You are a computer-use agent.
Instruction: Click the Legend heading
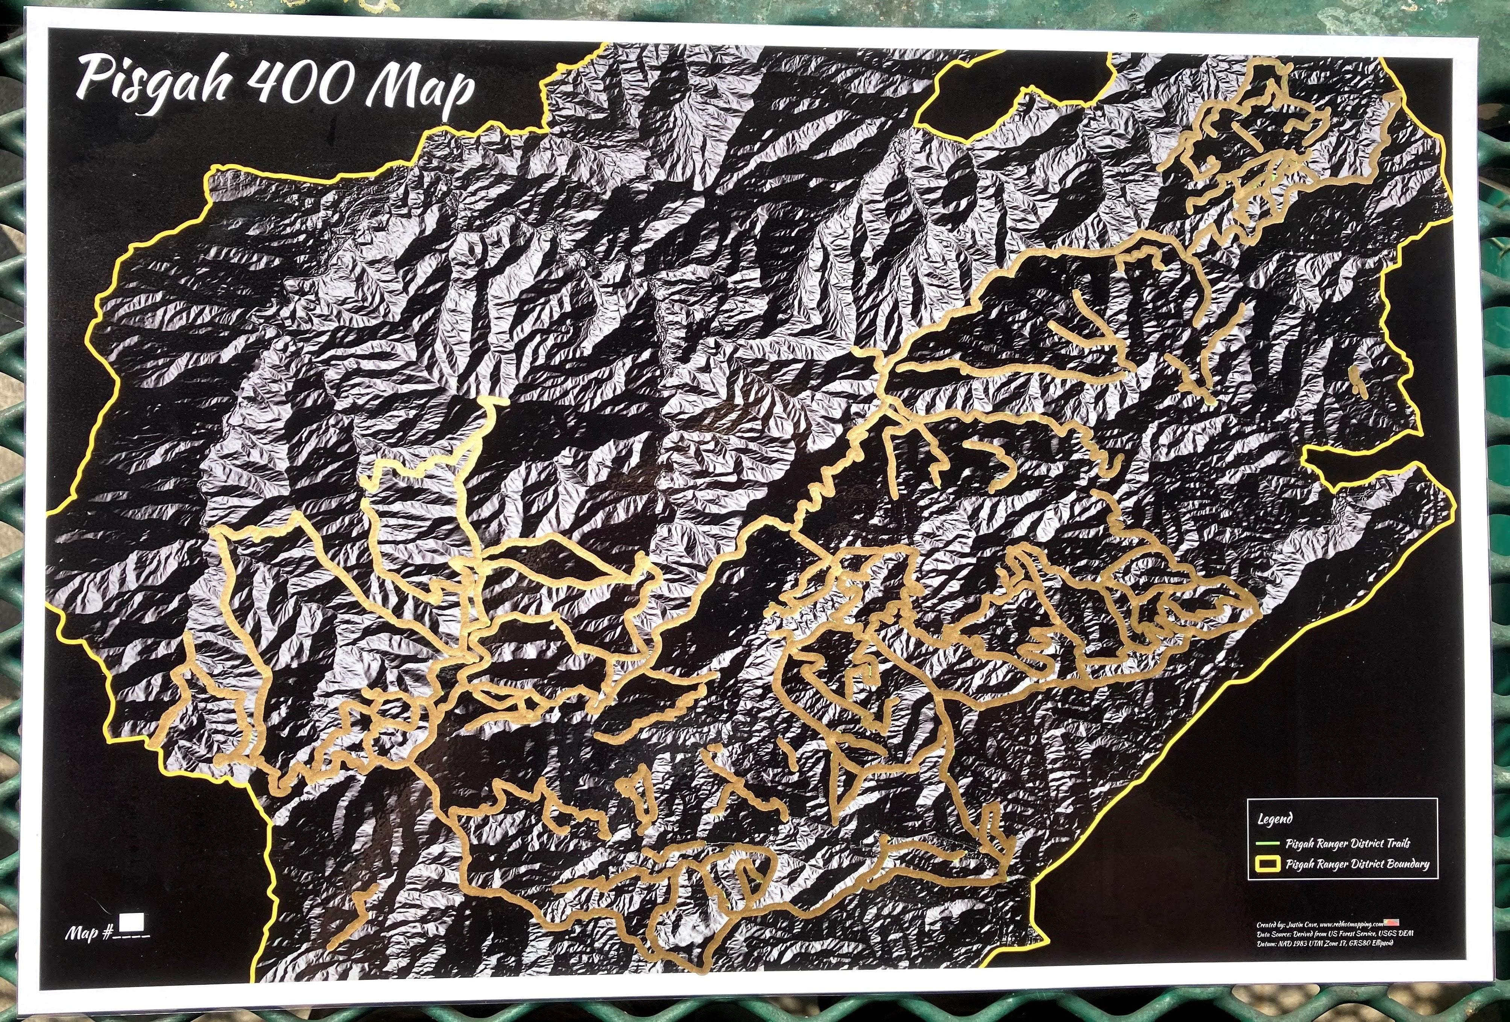coord(1275,819)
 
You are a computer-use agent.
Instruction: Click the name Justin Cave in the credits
coord(1302,925)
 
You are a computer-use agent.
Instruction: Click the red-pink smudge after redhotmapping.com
coord(1392,923)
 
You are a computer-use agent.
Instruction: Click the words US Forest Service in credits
coord(1352,934)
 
